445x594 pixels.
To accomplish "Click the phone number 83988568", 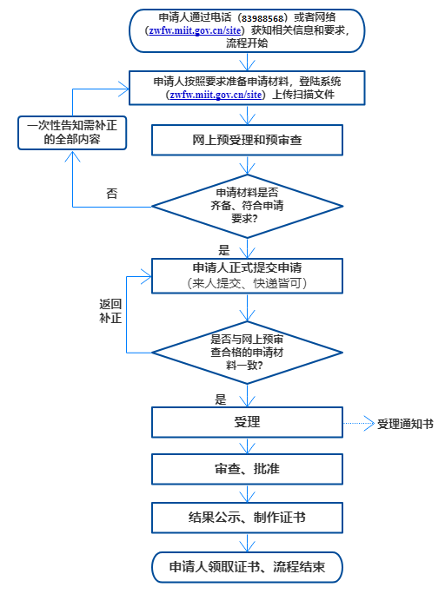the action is pyautogui.click(x=262, y=18).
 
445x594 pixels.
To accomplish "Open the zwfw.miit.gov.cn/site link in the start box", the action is pyautogui.click(x=195, y=30).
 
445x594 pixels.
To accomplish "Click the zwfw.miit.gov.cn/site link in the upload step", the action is pyautogui.click(x=216, y=95).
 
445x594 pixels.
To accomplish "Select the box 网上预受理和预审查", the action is pyautogui.click(x=247, y=140).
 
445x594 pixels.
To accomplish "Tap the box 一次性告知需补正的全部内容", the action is pyautogui.click(x=72, y=133).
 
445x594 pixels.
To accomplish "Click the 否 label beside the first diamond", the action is pyautogui.click(x=111, y=194).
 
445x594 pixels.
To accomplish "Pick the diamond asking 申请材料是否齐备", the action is pyautogui.click(x=247, y=207).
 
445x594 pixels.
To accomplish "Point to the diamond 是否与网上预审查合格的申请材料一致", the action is pyautogui.click(x=247, y=353).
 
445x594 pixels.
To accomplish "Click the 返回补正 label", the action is pyautogui.click(x=110, y=311).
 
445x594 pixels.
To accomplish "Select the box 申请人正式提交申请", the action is pyautogui.click(x=247, y=276).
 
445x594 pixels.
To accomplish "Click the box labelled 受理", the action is pyautogui.click(x=247, y=422).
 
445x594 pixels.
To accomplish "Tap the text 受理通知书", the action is pyautogui.click(x=405, y=424).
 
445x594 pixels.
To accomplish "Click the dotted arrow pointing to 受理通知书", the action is pyautogui.click(x=359, y=424).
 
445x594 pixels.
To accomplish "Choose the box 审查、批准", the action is pyautogui.click(x=247, y=469).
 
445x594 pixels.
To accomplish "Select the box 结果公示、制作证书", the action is pyautogui.click(x=247, y=518).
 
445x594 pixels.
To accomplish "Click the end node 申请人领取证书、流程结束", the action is pyautogui.click(x=247, y=567).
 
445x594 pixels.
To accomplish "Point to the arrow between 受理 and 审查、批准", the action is pyautogui.click(x=247, y=446).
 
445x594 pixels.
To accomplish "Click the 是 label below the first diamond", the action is pyautogui.click(x=224, y=250).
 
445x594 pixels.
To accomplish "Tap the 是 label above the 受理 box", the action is pyautogui.click(x=221, y=399).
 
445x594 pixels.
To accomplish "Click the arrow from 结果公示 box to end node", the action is pyautogui.click(x=247, y=543).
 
